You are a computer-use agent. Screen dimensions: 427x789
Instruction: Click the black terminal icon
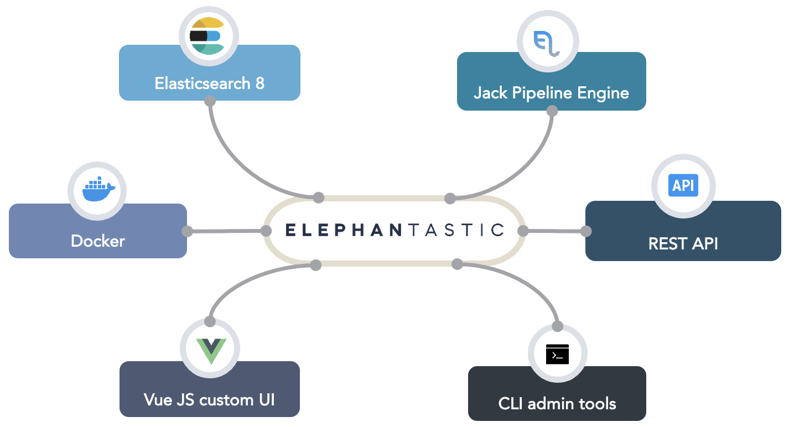[557, 355]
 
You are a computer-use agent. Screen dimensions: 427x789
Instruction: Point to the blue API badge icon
[683, 186]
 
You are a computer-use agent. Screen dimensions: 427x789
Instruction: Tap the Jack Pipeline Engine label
[551, 92]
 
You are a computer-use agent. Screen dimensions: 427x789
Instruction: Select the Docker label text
[98, 241]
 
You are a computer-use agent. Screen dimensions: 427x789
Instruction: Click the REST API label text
[683, 243]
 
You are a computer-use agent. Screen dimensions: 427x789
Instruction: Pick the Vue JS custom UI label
[209, 399]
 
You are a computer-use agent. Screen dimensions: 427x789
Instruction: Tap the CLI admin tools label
[557, 404]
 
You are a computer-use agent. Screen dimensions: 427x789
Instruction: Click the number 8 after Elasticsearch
[259, 84]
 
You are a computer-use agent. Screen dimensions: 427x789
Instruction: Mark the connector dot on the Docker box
[187, 231]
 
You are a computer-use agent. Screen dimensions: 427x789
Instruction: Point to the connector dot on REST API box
[585, 231]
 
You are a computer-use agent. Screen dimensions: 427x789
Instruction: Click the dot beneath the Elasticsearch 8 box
[210, 101]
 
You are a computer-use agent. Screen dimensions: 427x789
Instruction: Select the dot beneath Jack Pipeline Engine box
[552, 111]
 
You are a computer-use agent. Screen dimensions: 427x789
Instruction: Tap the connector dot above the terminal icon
[557, 326]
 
